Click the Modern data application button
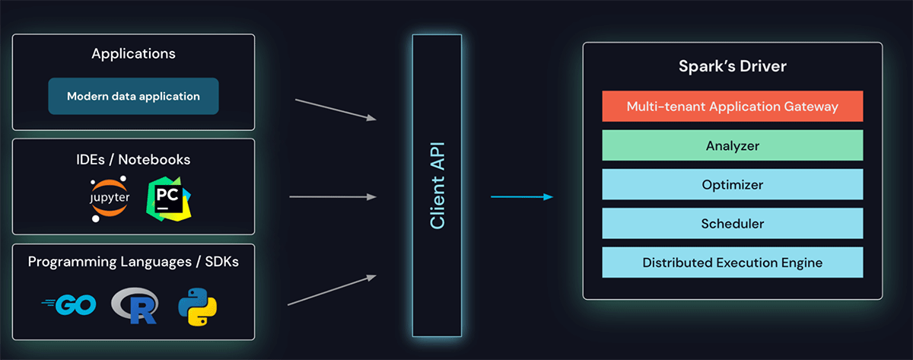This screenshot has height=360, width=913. pos(133,97)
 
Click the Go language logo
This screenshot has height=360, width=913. pos(69,305)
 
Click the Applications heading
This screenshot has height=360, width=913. pos(133,54)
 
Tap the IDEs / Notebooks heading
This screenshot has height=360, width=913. pos(133,160)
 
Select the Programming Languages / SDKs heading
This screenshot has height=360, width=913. pos(133,262)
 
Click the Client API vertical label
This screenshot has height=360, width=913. pos(437,185)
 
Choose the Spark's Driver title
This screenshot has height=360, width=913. pos(732,67)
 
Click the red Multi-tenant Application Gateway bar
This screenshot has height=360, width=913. pos(732,106)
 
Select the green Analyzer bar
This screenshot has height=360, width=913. pos(732,145)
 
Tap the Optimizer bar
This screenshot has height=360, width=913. pos(732,184)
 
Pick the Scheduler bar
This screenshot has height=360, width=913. pos(732,224)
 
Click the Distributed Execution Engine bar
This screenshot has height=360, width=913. pos(732,263)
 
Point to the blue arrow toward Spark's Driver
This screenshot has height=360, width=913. pos(521,197)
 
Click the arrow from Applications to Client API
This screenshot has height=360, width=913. pos(336,109)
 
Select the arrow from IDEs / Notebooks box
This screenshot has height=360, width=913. pos(333,197)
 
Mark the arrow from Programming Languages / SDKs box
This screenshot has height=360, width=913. pos(332,290)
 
